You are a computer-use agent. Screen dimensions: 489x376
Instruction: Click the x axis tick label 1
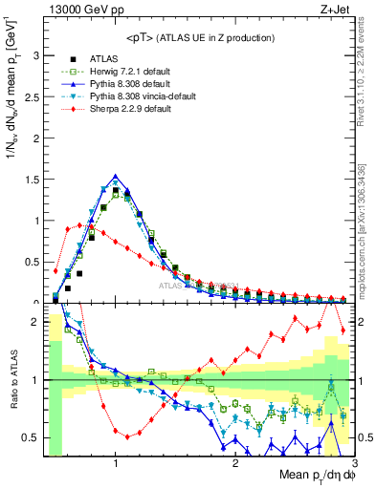pyautogui.click(x=115, y=463)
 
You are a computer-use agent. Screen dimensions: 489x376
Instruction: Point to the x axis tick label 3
pyautogui.click(x=354, y=463)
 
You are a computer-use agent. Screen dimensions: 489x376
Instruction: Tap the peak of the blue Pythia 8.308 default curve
pyautogui.click(x=115, y=176)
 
